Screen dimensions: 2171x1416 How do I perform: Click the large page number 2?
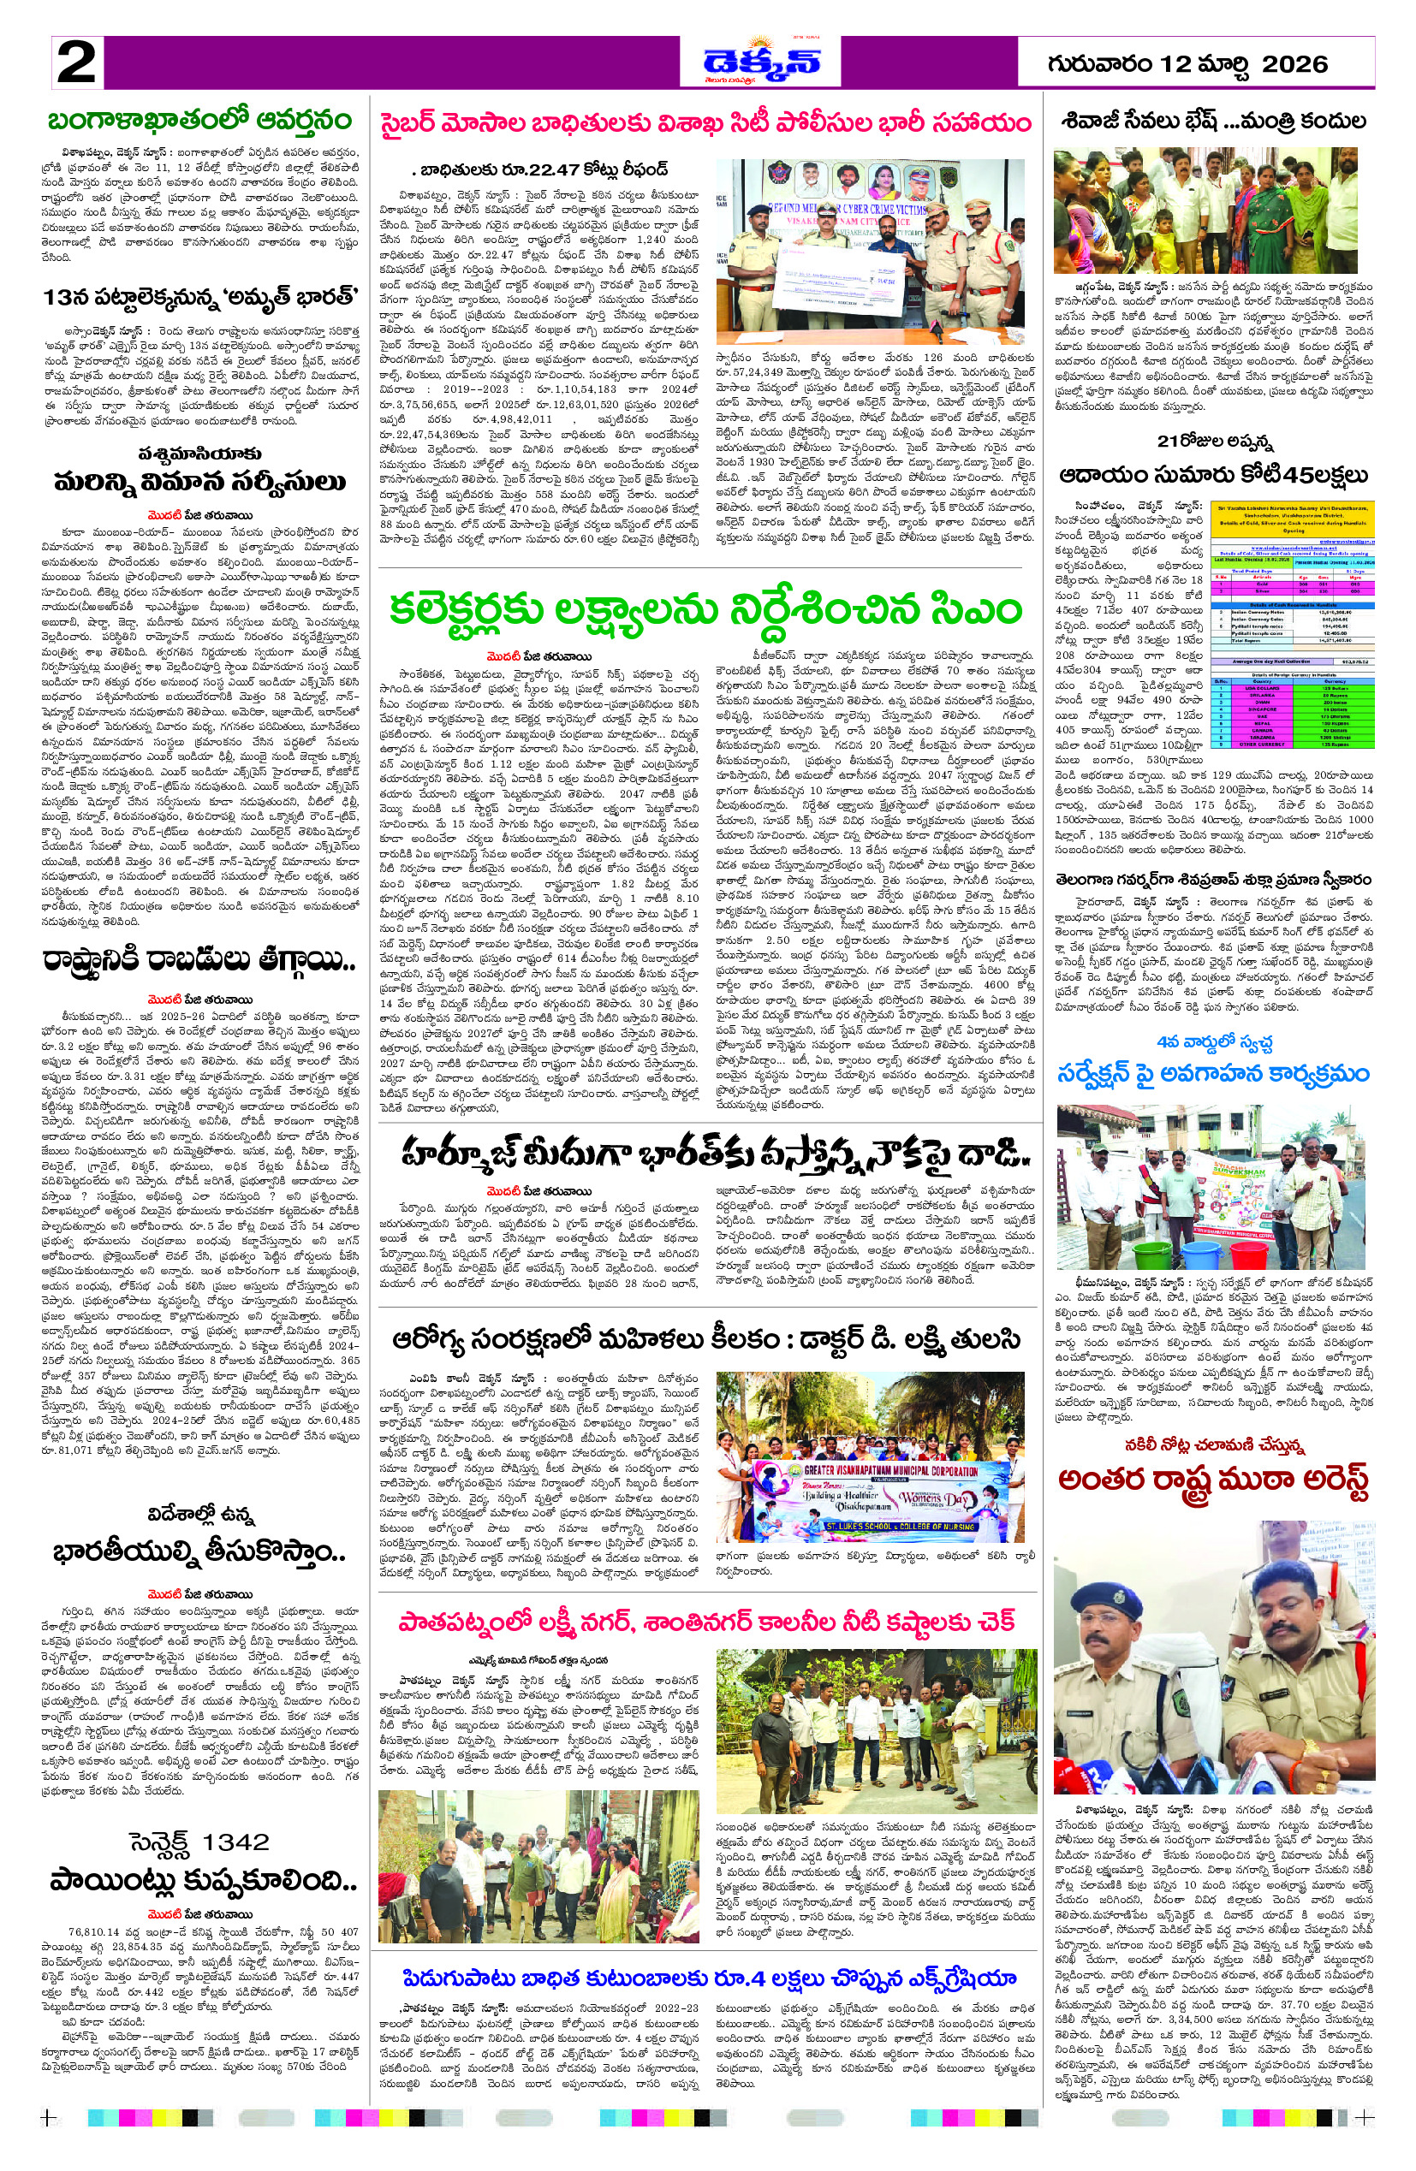coord(77,62)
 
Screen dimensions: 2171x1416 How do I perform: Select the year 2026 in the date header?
coord(1294,63)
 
